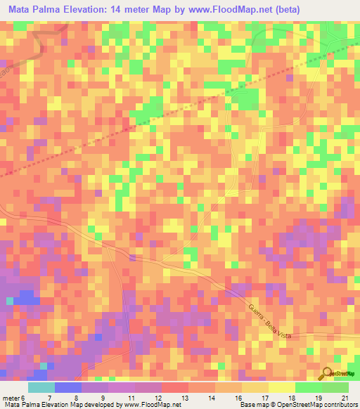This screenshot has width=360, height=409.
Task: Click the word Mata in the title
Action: coord(22,10)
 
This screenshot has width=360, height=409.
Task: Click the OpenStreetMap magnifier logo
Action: coord(328,372)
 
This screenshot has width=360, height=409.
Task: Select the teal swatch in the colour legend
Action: coord(41,387)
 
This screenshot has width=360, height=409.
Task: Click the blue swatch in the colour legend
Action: coord(68,387)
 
